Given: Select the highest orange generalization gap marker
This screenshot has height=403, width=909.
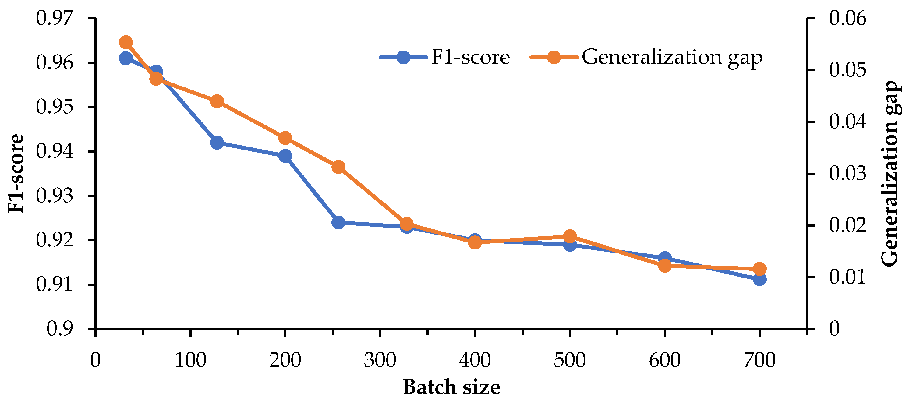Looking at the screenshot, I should click(x=126, y=42).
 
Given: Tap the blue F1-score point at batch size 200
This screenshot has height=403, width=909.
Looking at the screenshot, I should click(x=285, y=156).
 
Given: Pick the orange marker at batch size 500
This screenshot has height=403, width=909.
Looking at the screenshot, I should click(x=570, y=236).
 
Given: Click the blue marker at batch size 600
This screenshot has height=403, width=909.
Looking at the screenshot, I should click(x=664, y=258).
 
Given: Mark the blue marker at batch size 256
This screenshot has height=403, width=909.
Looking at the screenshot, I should click(x=338, y=222).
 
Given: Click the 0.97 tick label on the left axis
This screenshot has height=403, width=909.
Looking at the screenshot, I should click(x=55, y=18).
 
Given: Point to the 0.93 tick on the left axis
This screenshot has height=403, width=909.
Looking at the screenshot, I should click(x=55, y=196).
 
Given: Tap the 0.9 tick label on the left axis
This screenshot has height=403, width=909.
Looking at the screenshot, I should click(x=60, y=329).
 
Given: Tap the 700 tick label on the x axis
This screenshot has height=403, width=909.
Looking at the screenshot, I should click(x=759, y=360).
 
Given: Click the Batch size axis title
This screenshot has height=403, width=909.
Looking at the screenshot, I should click(x=451, y=387).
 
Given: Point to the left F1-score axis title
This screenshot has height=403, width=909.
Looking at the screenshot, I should click(x=16, y=174).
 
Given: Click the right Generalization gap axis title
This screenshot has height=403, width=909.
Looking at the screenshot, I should click(x=890, y=174).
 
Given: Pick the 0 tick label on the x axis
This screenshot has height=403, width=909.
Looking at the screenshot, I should click(x=95, y=360).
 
